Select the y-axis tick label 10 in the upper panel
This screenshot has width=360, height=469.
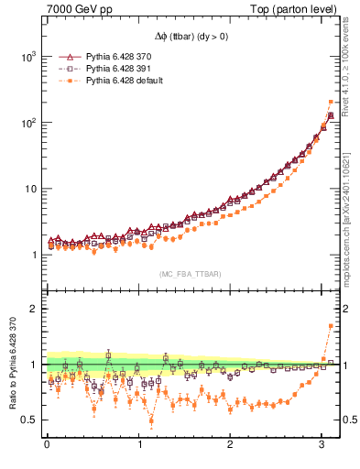pos(30,190)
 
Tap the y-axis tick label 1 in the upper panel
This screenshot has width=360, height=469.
pos(34,256)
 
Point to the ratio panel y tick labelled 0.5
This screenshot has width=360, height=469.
pos(29,420)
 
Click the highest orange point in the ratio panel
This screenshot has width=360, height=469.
pos(331,326)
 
